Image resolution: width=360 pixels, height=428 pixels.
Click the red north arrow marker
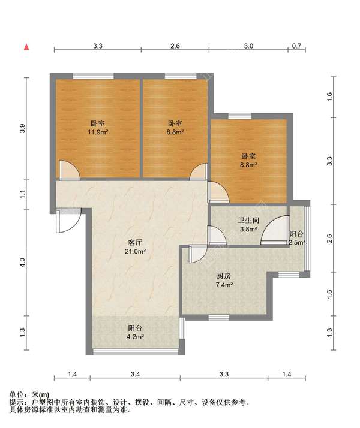pos(26,47)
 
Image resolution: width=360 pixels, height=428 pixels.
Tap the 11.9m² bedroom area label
pos(98,132)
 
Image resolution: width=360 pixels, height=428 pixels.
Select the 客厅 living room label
pos(135,242)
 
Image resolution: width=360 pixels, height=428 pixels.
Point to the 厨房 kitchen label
pos(224,276)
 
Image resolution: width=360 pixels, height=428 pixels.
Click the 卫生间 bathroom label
pos(248,220)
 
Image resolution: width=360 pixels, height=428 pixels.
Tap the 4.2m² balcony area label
pos(135,337)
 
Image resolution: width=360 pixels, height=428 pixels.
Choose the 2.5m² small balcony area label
pos(297,242)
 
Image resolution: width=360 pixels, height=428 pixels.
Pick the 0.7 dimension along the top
pos(296,46)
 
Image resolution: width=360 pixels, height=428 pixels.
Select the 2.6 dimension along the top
pos(175,46)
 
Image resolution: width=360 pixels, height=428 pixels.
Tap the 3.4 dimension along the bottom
pos(135,374)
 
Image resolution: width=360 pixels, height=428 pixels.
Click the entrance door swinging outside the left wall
pos(68,221)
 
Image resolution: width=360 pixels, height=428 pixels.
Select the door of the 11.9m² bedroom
pos(70,170)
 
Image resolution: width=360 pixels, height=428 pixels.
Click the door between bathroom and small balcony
pos(275,230)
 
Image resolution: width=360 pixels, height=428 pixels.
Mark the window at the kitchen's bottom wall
pos(219,318)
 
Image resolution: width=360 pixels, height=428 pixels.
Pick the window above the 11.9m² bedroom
pos(93,76)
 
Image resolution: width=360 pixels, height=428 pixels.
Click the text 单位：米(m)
pos(29,394)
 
